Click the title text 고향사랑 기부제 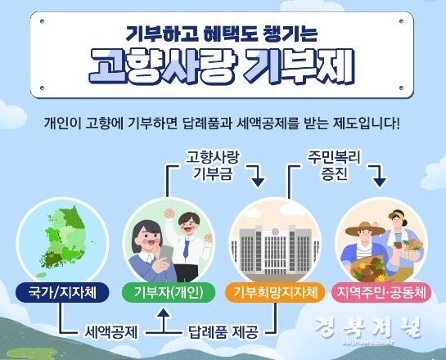(x=222, y=67)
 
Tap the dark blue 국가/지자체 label (x=62, y=292)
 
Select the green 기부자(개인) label (x=169, y=292)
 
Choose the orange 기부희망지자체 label (x=275, y=292)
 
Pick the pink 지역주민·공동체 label (x=381, y=292)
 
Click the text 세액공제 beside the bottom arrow (x=111, y=332)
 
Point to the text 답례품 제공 (x=223, y=332)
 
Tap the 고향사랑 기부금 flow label (x=212, y=166)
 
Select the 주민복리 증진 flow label (x=334, y=165)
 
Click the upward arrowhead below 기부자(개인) (x=164, y=313)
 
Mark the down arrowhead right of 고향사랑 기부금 (x=258, y=182)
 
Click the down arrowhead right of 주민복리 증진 (x=380, y=182)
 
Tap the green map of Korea (x=62, y=240)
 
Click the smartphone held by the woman (x=164, y=254)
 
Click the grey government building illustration (x=275, y=249)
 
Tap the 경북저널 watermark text (x=367, y=327)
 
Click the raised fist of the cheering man (x=170, y=214)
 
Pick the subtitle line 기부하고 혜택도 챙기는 (x=221, y=34)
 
